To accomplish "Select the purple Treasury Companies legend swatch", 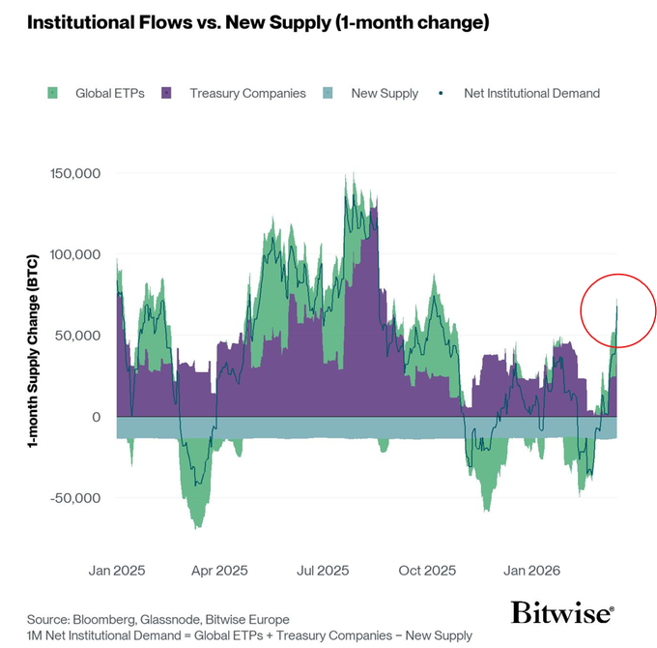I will tap(166, 94).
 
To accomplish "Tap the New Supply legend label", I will tap(385, 94).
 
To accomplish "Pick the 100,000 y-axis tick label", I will tap(75, 254).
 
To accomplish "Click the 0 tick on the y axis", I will tap(97, 417).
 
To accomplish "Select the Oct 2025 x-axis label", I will tap(426, 570).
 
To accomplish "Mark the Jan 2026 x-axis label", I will tap(530, 570).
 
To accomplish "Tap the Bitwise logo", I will tap(561, 613).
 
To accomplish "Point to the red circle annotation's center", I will tap(618, 310).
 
